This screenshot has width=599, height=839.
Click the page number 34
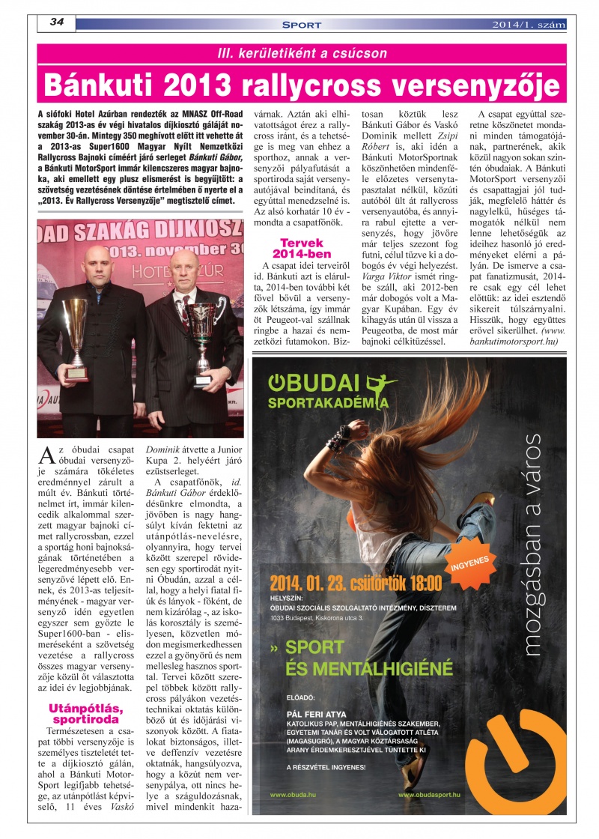click(56, 22)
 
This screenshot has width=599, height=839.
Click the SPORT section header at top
click(302, 25)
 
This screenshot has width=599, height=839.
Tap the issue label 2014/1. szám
click(529, 25)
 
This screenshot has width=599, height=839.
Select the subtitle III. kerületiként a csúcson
click(302, 54)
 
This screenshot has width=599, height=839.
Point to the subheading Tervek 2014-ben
click(301, 248)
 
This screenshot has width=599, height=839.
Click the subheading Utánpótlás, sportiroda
click(86, 714)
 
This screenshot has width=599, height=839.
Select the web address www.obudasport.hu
click(429, 793)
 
